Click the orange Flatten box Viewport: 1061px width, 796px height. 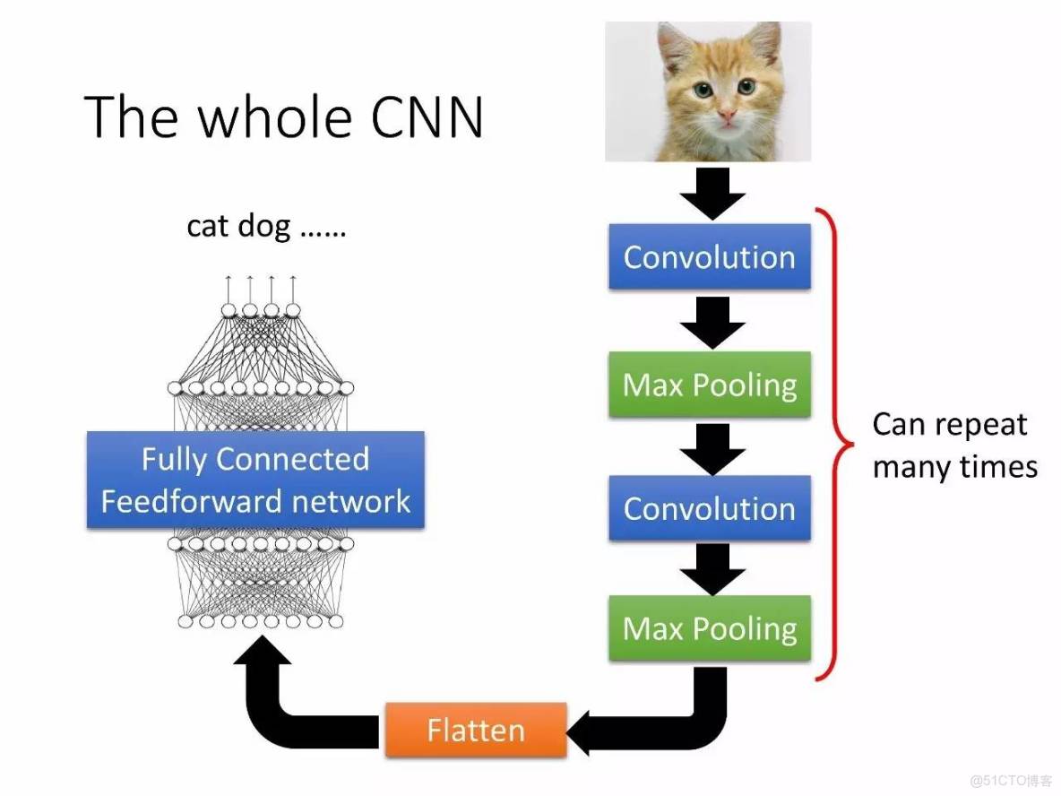pos(476,730)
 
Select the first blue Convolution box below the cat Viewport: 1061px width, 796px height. pos(709,257)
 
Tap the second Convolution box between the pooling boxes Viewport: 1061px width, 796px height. pos(709,508)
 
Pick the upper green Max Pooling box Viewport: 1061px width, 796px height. pos(709,385)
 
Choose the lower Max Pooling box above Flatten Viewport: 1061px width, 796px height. pos(709,628)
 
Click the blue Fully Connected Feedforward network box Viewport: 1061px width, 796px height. pos(255,480)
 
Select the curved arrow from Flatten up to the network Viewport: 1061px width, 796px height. pos(278,699)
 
